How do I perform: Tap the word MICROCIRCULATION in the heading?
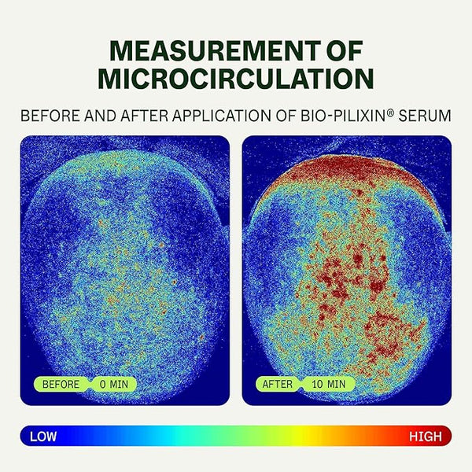click(236, 78)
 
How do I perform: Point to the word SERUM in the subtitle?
click(424, 115)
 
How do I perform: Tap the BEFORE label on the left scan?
click(61, 384)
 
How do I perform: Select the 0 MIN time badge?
click(112, 384)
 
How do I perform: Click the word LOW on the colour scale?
click(45, 435)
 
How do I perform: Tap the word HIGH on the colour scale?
click(426, 435)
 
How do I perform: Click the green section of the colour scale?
click(260, 435)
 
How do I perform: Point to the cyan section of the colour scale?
click(197, 435)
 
